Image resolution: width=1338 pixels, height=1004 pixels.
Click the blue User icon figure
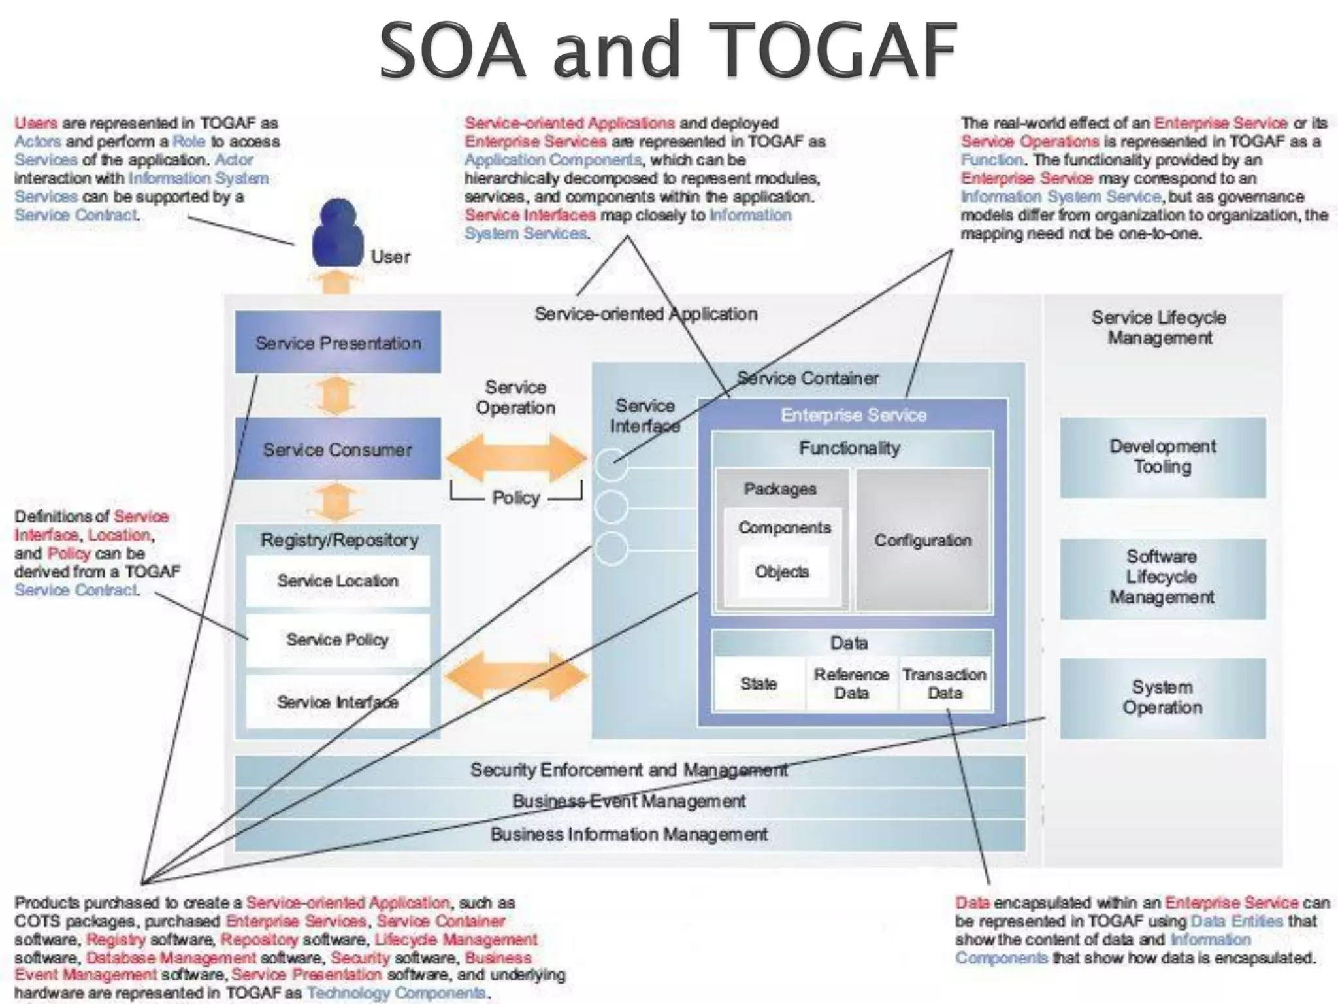(337, 234)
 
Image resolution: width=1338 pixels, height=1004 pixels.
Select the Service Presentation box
(338, 343)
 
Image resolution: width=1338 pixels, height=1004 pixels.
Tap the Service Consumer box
(338, 449)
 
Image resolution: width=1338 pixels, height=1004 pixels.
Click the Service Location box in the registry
(338, 580)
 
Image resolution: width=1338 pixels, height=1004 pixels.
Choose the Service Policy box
(338, 639)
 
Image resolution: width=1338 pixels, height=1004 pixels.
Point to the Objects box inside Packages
(782, 572)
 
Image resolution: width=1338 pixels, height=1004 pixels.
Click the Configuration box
(922, 541)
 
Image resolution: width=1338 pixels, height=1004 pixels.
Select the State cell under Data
(759, 684)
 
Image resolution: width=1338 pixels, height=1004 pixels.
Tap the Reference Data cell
(851, 684)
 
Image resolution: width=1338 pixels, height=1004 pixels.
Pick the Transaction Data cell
(945, 684)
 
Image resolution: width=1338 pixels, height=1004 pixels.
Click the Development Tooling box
(1162, 457)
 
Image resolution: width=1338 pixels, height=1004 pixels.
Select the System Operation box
(1162, 697)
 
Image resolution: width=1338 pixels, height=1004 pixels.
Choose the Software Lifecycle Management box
(1162, 577)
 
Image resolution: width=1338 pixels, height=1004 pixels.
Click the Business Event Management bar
(629, 801)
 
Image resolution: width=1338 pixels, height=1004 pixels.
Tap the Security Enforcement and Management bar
(629, 770)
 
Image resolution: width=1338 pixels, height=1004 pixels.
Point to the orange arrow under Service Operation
(517, 458)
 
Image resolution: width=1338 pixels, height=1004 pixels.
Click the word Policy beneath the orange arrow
(516, 498)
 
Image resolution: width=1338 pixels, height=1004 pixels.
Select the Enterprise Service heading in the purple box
(853, 415)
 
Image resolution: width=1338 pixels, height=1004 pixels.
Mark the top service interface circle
(612, 465)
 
